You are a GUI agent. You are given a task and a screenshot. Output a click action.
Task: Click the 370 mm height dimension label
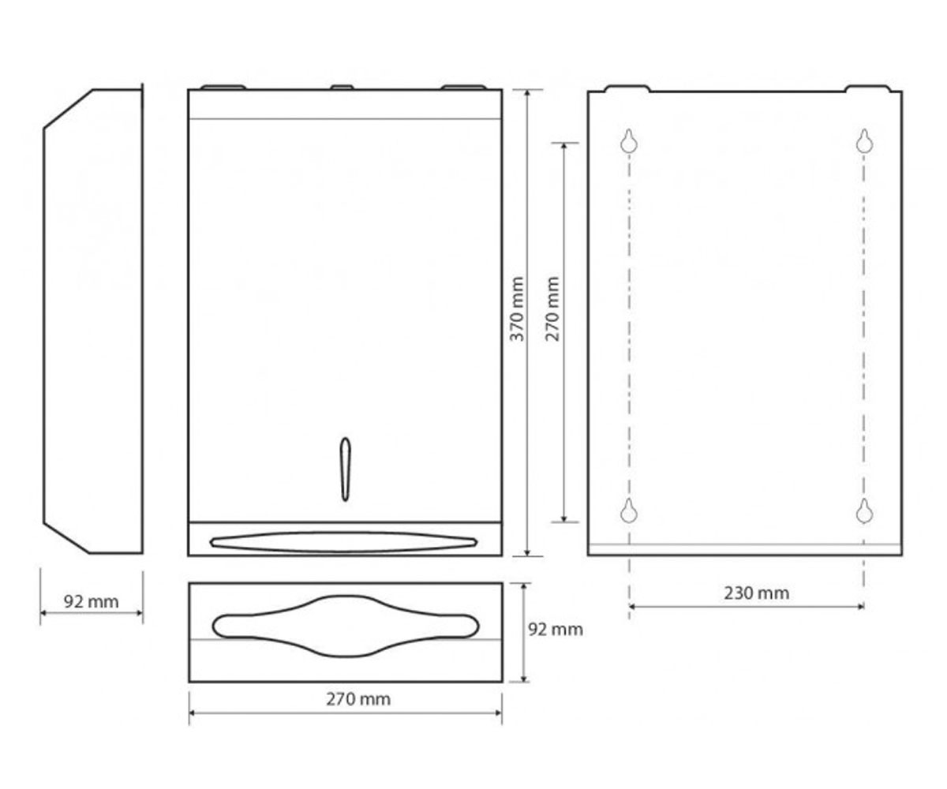pyautogui.click(x=517, y=308)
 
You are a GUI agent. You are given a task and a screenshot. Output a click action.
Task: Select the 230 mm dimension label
pyautogui.click(x=757, y=593)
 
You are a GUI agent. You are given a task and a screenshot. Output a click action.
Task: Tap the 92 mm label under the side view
pyautogui.click(x=92, y=602)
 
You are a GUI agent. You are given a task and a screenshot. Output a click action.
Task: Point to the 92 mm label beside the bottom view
pyautogui.click(x=556, y=630)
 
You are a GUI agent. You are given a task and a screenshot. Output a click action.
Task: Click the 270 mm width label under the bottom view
pyautogui.click(x=358, y=699)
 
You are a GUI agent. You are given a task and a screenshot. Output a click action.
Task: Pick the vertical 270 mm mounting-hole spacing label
pyautogui.click(x=552, y=308)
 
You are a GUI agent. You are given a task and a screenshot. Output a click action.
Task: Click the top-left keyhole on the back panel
pyautogui.click(x=629, y=140)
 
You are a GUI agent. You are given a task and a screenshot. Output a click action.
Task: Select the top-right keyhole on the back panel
pyautogui.click(x=864, y=140)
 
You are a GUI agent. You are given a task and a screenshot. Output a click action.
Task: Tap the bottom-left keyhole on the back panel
pyautogui.click(x=629, y=510)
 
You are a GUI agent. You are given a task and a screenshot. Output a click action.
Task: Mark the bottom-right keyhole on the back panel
pyautogui.click(x=864, y=510)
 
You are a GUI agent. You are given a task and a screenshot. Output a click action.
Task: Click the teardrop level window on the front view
pyautogui.click(x=345, y=469)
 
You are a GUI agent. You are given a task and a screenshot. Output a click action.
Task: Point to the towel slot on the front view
pyautogui.click(x=344, y=542)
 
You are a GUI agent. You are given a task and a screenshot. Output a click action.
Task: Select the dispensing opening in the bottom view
pyautogui.click(x=346, y=626)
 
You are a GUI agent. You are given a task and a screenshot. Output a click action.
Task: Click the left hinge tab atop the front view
pyautogui.click(x=223, y=87)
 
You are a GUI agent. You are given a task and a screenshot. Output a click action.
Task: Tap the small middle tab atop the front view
pyautogui.click(x=342, y=87)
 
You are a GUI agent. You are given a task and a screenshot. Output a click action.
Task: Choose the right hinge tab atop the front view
pyautogui.click(x=463, y=87)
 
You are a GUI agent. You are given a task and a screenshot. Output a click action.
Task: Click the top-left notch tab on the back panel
pyautogui.click(x=627, y=88)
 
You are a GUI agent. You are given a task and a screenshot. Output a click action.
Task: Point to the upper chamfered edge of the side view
pyautogui.click(x=69, y=109)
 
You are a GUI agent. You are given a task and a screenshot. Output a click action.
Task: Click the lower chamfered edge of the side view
pyautogui.click(x=66, y=539)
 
